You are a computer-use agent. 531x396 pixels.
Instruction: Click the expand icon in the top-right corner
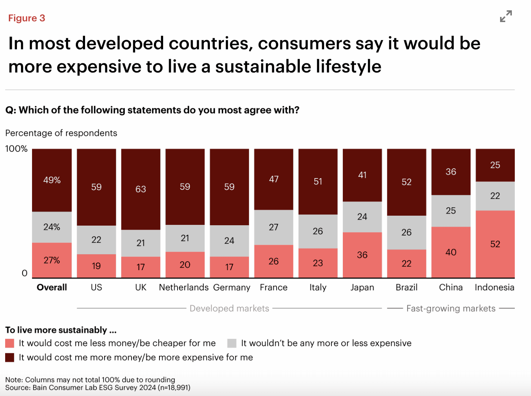[506, 17]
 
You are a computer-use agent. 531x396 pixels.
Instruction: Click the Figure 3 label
[27, 18]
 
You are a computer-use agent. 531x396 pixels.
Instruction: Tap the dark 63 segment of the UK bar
[141, 189]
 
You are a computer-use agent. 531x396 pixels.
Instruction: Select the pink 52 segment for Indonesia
[495, 244]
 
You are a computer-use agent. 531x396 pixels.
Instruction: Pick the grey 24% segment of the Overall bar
[52, 227]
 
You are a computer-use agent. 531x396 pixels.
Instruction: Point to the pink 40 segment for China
[451, 252]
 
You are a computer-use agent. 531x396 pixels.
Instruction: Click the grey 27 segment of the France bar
[274, 227]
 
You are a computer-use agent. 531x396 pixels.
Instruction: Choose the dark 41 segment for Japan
[362, 175]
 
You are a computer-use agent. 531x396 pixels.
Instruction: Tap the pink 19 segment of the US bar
[96, 266]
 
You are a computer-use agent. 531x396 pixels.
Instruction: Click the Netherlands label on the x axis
[184, 287]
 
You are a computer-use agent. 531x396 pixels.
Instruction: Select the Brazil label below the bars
[407, 287]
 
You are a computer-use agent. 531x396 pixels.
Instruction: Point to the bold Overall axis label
[52, 287]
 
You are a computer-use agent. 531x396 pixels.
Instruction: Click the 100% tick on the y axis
[16, 149]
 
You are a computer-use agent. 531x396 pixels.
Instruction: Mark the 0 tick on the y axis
[25, 273]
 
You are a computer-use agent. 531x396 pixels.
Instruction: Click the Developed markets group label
[229, 308]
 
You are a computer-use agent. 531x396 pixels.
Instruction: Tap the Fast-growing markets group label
[451, 308]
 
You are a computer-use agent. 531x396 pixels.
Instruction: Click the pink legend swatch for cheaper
[10, 343]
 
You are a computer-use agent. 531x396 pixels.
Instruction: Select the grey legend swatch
[232, 343]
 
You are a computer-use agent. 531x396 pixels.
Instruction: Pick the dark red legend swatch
[10, 357]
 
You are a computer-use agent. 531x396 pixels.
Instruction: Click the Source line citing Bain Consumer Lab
[98, 388]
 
